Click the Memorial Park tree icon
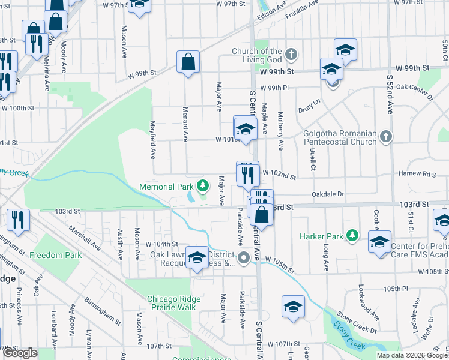coord(203,186)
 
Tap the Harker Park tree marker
coord(354,236)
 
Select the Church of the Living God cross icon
coord(291,55)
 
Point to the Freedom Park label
coord(55,255)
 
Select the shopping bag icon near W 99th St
coord(188,62)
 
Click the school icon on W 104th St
coord(197,257)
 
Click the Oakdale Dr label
coord(328,194)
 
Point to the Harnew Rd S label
coord(420,175)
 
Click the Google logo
coord(20,353)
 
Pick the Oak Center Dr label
coord(415,87)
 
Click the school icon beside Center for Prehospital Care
coord(379,242)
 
